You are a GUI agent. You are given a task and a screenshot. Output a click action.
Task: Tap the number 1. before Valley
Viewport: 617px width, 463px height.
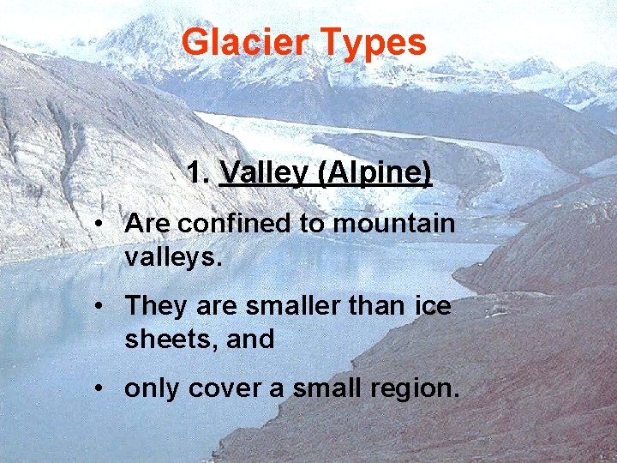click(198, 174)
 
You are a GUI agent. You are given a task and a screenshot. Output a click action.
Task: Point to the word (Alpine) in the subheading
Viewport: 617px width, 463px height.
click(374, 174)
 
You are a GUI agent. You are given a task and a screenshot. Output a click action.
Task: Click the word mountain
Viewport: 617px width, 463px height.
click(393, 224)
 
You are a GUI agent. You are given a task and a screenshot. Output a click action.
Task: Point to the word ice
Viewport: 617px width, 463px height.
click(433, 305)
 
